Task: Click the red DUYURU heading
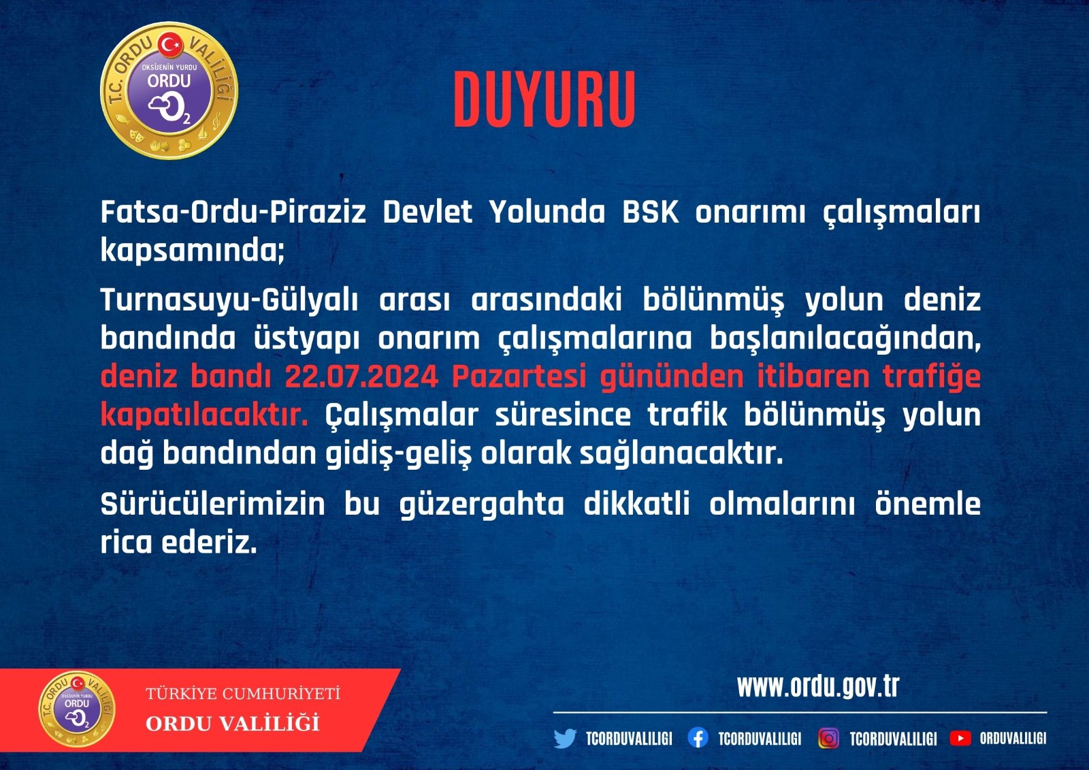544,99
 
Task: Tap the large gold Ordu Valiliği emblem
169,91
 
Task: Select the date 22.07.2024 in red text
361,376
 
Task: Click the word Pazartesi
519,376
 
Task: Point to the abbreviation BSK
651,212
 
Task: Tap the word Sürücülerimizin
212,504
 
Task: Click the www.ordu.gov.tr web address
817,686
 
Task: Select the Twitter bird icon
565,739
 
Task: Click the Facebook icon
698,738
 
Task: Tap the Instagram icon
828,738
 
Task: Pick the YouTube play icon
960,738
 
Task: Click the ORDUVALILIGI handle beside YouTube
1013,739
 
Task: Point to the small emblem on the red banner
77,709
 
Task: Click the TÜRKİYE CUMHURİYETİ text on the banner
243,693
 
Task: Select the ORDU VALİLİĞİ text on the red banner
232,723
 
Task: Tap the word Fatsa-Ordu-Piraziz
233,212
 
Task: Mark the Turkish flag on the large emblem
171,46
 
